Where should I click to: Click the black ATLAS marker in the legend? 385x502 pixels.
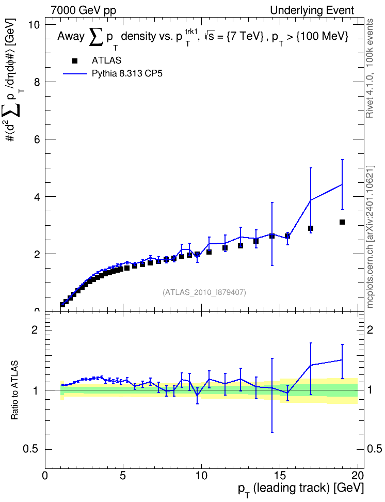click(75, 61)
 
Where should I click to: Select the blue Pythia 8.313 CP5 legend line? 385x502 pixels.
click(75, 74)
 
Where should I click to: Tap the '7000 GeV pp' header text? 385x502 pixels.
click(83, 10)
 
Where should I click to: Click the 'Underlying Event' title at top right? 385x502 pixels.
click(312, 10)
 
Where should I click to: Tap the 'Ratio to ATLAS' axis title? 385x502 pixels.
click(14, 390)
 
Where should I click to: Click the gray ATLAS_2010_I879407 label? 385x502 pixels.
click(204, 292)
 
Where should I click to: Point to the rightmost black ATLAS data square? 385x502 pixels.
click(342, 222)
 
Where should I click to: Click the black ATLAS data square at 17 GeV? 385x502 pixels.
click(311, 228)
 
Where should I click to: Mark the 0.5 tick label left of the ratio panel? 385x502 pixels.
click(31, 449)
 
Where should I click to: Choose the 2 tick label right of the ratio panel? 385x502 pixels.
click(370, 330)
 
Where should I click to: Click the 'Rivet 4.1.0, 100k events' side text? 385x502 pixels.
click(370, 69)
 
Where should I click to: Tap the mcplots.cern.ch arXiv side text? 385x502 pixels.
click(370, 237)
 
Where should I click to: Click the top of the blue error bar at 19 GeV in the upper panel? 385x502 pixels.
click(342, 160)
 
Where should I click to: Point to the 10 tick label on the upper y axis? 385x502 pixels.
click(34, 25)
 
